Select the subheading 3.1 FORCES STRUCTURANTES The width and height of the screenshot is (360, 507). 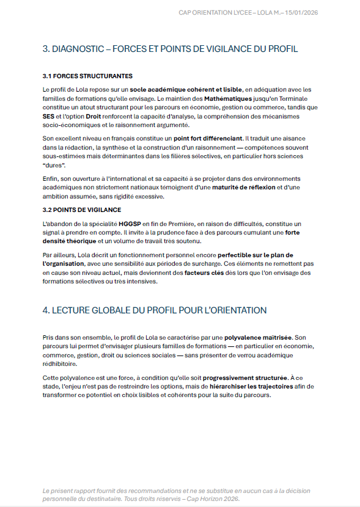[87, 76]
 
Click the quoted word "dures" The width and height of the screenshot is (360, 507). [53, 166]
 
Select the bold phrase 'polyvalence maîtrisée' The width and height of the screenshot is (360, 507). [259, 337]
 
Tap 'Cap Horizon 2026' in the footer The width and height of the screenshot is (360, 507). [213, 498]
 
